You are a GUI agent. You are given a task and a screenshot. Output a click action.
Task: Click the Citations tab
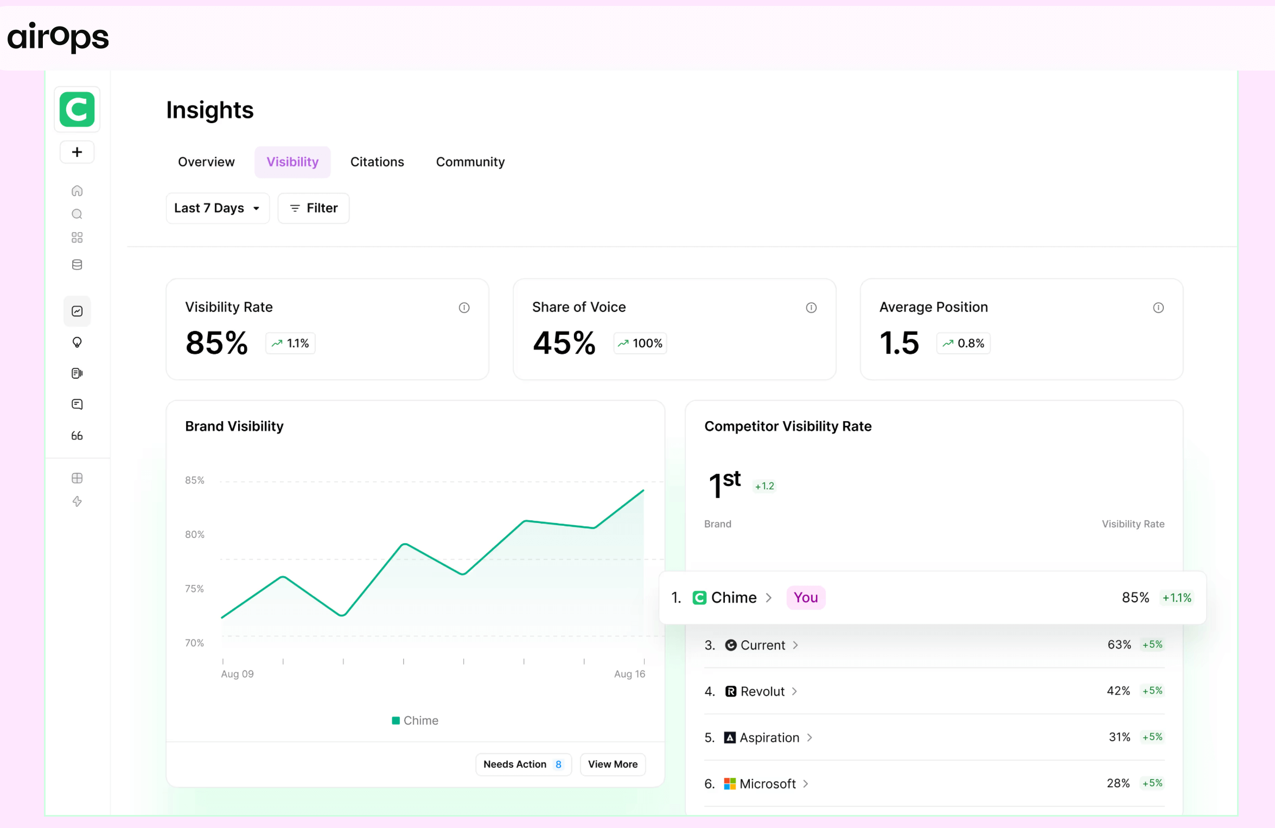(377, 162)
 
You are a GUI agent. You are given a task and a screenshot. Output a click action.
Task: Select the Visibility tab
(292, 162)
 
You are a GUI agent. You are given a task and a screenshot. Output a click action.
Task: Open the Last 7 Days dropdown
(217, 208)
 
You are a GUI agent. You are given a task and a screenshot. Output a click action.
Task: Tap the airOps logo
(58, 37)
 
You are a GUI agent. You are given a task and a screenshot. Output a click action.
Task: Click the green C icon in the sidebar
(77, 109)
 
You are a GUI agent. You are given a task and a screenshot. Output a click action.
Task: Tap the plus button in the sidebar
(77, 152)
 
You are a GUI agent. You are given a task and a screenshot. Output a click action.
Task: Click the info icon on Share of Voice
(811, 308)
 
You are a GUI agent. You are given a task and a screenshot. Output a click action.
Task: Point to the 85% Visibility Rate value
(216, 343)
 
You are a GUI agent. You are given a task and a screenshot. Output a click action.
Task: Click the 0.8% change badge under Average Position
(963, 343)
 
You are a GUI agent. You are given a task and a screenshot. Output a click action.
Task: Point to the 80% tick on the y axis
(195, 534)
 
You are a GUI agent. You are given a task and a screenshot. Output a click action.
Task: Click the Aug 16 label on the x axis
(629, 673)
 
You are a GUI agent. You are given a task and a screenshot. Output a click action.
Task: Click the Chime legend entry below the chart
(415, 720)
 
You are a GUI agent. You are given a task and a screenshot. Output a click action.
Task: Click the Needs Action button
(523, 764)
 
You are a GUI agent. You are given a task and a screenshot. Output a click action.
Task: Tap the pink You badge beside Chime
(805, 597)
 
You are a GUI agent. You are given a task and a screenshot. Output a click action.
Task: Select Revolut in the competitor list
(762, 691)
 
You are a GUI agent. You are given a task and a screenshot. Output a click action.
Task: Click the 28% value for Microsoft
(1118, 783)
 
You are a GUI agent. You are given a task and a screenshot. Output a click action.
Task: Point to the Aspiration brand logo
(730, 737)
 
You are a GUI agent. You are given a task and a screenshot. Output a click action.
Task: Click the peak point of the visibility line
(643, 491)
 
